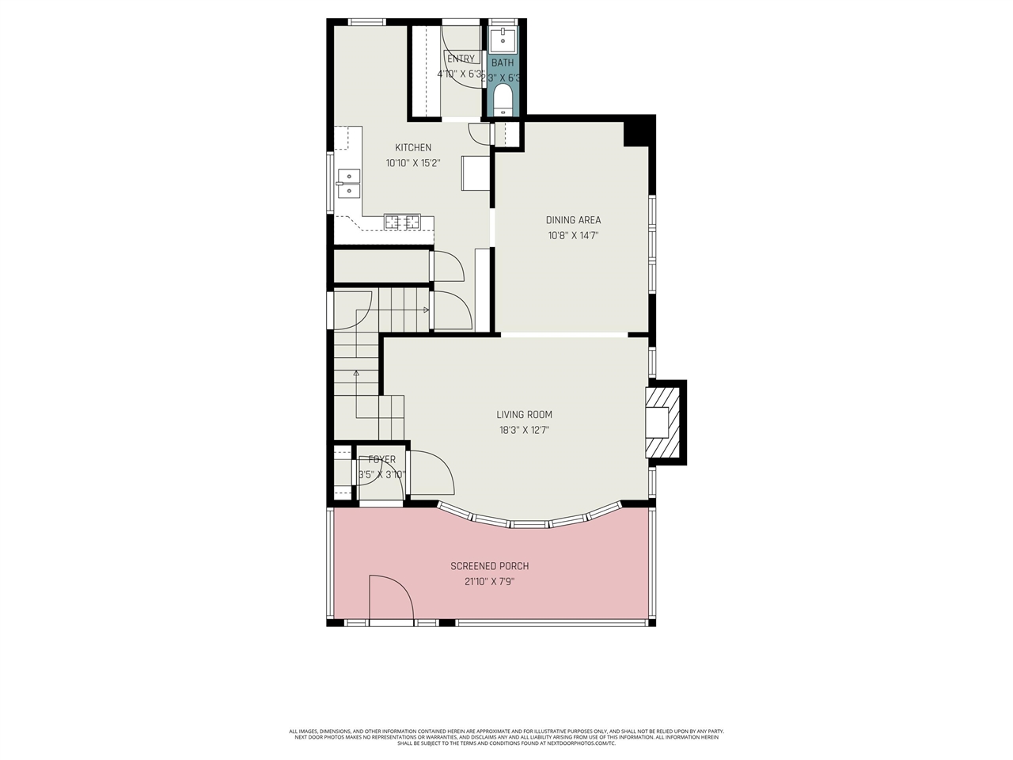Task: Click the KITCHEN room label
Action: pos(413,147)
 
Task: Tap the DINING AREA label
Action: pos(573,220)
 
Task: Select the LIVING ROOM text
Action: pos(524,414)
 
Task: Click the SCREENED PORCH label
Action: pos(489,566)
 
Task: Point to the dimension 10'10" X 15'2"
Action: pos(413,163)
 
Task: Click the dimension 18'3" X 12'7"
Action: pos(524,431)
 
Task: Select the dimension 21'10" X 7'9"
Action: pos(489,582)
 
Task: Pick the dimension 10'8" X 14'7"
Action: pos(573,235)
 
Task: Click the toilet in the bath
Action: pos(503,100)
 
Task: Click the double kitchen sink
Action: pos(348,183)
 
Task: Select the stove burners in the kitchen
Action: pos(401,222)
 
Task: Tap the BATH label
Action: pos(503,63)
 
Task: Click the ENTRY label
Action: pos(461,59)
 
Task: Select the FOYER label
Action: pos(381,459)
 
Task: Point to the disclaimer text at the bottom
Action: pos(506,737)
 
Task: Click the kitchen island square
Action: pos(476,173)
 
